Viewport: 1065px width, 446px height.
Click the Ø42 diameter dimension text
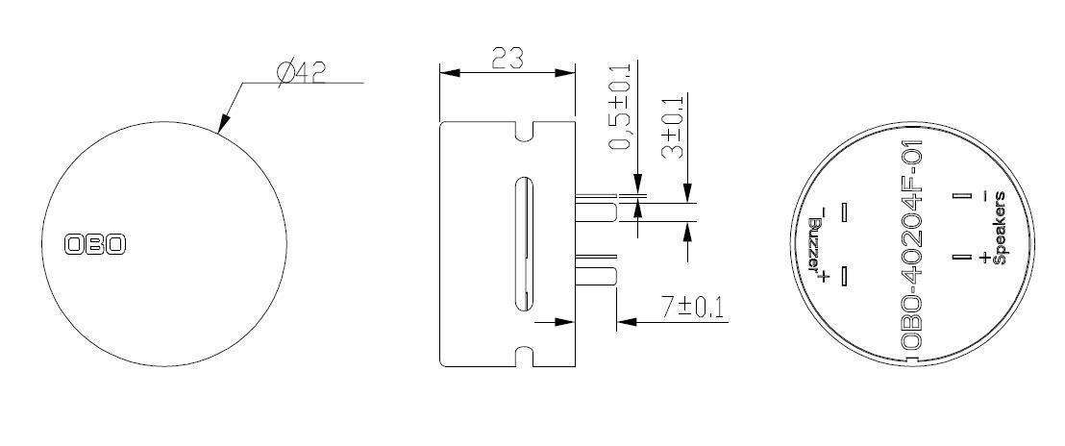(300, 72)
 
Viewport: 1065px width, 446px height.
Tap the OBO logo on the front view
(95, 244)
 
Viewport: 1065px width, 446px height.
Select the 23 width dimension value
(507, 59)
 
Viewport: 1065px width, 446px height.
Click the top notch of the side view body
(524, 132)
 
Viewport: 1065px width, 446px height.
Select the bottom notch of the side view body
(524, 356)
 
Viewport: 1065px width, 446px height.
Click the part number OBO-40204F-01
(913, 246)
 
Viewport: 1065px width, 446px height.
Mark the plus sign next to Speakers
(984, 259)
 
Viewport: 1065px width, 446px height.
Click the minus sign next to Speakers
(984, 196)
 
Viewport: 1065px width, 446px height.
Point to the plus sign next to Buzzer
(823, 277)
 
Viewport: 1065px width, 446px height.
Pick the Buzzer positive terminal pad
(844, 277)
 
